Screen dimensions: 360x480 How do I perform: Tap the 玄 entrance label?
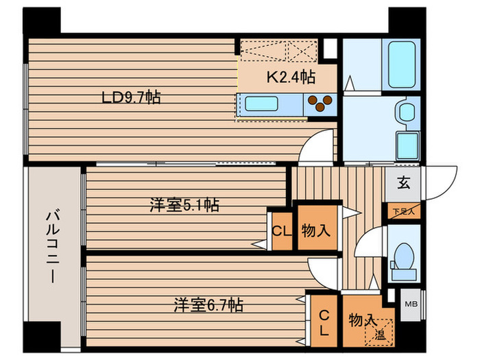(x=403, y=184)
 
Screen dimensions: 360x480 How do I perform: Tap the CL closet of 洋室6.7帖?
(x=324, y=323)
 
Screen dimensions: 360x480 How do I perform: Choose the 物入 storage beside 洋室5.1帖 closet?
(x=317, y=230)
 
